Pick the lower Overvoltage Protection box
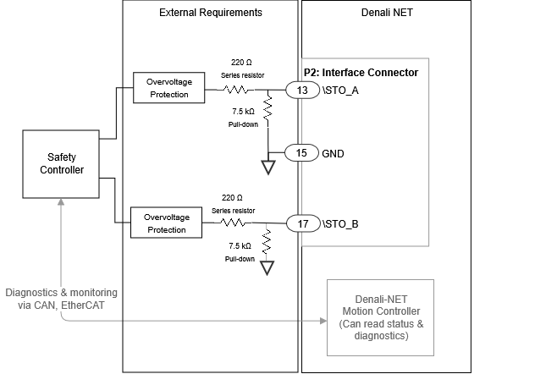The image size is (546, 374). pos(166,223)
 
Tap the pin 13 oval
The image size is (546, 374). pos(301,89)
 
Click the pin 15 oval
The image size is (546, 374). pos(301,153)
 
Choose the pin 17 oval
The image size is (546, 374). pos(301,223)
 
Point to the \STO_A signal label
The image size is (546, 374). pos(340,89)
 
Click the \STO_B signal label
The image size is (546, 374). pos(340,224)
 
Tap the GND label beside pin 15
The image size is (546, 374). pos(334,153)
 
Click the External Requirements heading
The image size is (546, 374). pos(211,13)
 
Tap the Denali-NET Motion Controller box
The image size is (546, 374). pos(380,317)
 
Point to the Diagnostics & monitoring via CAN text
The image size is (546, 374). pos(60,298)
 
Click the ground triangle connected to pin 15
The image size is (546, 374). pos(267,166)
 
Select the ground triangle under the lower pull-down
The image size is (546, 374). pos(267,268)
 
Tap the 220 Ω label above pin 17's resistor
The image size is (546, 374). pos(233,197)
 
